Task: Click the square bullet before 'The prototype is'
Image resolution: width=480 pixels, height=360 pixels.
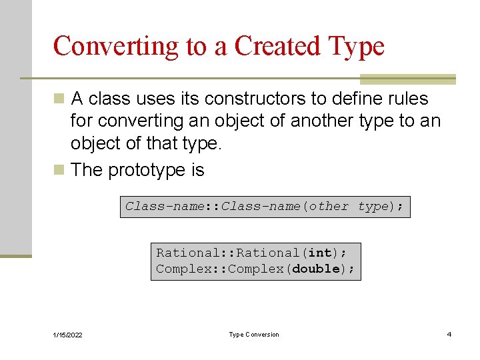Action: pos(60,171)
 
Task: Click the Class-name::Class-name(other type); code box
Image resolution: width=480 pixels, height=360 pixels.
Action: pos(265,207)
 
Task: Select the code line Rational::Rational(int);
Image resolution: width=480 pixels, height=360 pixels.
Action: pos(251,253)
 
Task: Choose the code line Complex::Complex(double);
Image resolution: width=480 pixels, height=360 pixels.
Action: pos(255,269)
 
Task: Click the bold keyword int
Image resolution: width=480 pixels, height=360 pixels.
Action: pos(320,253)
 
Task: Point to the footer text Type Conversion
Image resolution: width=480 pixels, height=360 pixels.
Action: pos(254,335)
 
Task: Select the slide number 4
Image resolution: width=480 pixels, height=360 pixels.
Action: pos(449,335)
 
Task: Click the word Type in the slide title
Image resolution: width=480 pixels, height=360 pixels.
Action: pos(358,47)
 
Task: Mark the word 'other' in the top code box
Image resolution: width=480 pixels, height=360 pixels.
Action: pos(328,207)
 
